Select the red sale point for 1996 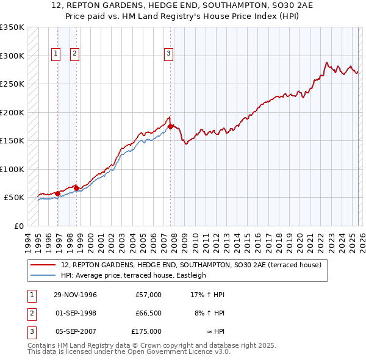coord(57,193)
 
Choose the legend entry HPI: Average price coord(134,275)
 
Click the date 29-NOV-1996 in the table coord(75,295)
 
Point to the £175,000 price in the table coord(146,331)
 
